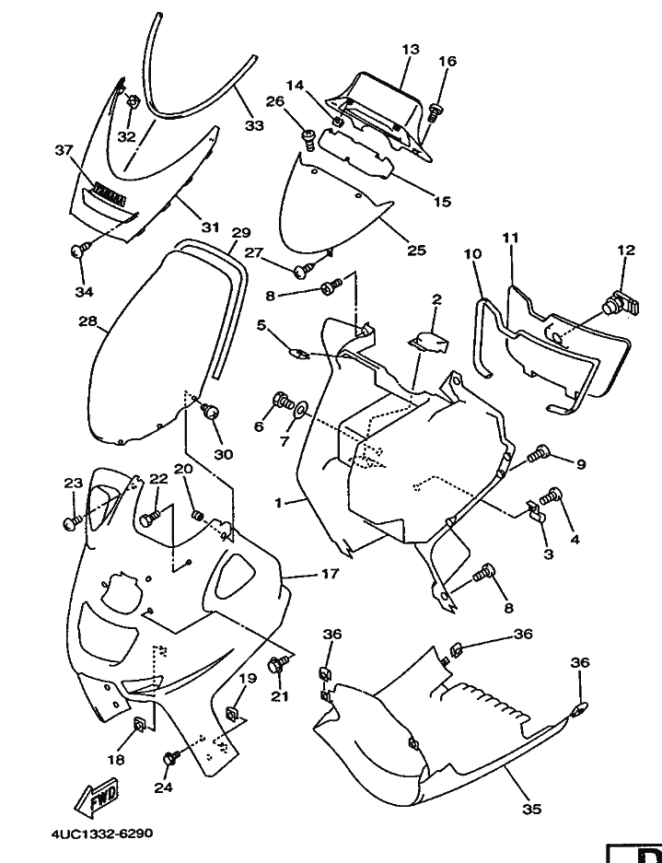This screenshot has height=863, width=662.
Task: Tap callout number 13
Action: click(410, 48)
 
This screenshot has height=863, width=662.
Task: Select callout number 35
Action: click(531, 810)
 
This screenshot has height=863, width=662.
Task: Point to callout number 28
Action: click(87, 322)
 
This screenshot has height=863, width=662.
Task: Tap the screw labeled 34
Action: click(79, 248)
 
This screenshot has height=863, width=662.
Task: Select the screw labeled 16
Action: click(436, 112)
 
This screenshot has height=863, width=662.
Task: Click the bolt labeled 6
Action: click(280, 401)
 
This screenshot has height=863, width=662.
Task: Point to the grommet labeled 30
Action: click(211, 411)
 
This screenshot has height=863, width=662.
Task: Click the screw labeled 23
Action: click(71, 521)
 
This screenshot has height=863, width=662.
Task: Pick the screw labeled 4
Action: click(551, 496)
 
